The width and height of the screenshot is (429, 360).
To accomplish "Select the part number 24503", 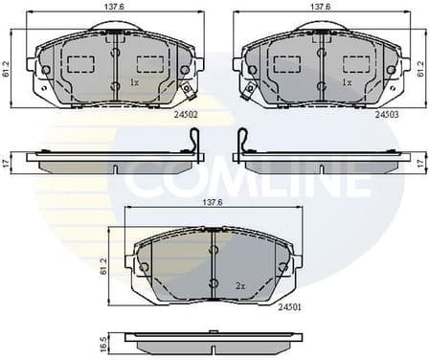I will point(386,114).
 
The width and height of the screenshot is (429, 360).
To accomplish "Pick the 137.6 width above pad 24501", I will point(213,203).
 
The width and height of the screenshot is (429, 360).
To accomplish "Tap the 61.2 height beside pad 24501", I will point(104,263).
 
